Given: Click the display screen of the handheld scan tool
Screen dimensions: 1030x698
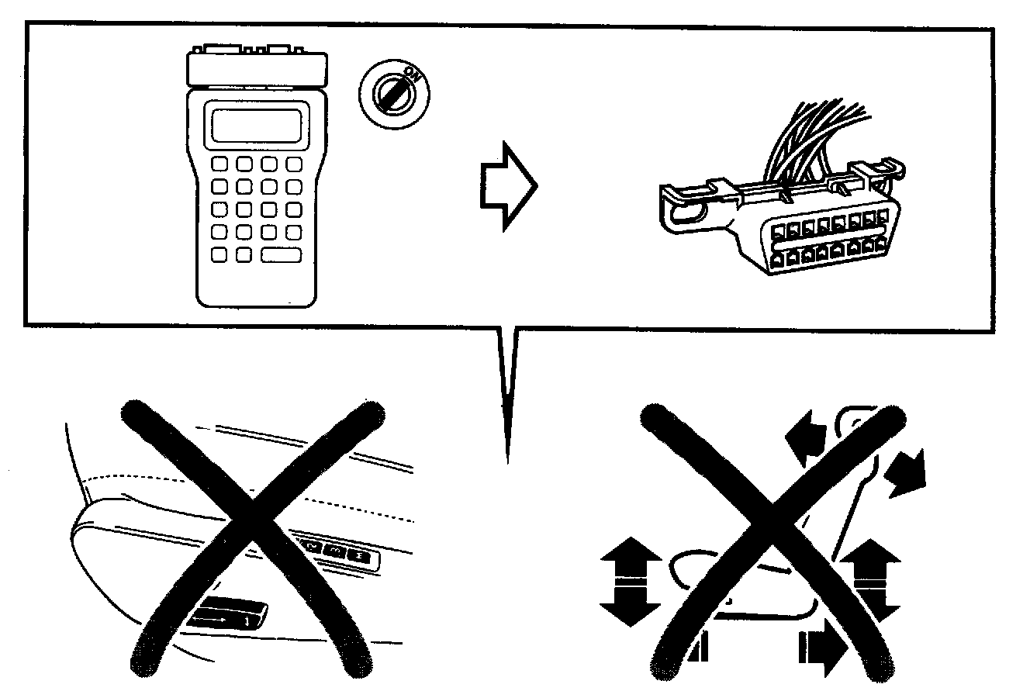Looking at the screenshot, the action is tap(257, 125).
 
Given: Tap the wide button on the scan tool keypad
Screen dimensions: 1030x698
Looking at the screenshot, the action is tap(282, 254).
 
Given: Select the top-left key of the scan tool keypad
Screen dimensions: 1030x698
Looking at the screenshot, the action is tap(219, 165).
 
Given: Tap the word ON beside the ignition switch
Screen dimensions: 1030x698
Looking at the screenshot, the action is tap(414, 76).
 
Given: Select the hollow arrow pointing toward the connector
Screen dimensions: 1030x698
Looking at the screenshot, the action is tap(506, 185).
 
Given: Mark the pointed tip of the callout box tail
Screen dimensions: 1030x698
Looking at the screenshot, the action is tap(506, 462).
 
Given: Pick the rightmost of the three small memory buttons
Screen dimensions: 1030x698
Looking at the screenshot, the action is tap(360, 555).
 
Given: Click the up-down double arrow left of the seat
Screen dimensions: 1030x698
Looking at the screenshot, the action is tap(630, 583).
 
